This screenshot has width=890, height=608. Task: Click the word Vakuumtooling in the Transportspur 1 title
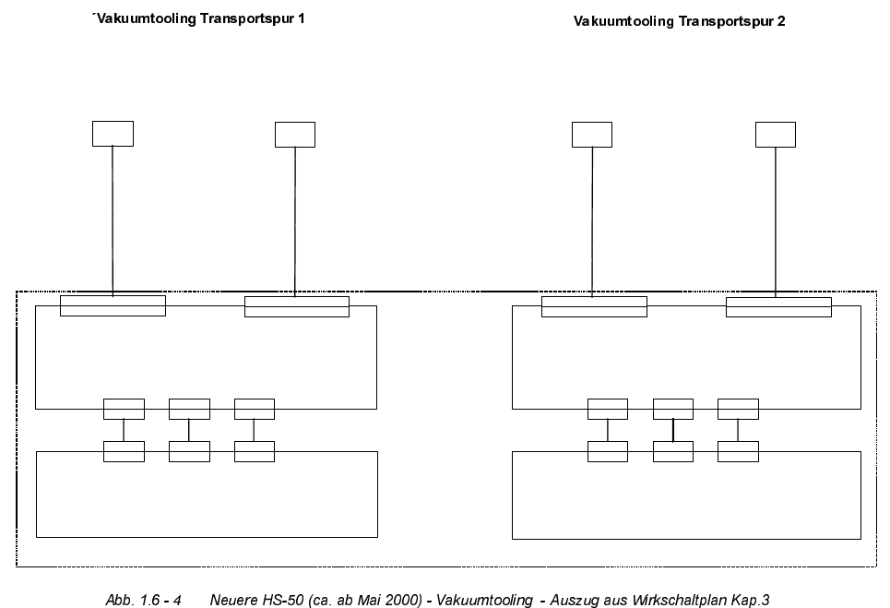(x=143, y=18)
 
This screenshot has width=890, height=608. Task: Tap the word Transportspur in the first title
(x=246, y=18)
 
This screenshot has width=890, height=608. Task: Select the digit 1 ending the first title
(x=302, y=18)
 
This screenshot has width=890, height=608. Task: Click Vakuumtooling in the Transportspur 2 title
(x=623, y=21)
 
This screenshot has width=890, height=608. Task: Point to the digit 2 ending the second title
(x=782, y=20)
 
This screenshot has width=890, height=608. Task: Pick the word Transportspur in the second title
(x=727, y=21)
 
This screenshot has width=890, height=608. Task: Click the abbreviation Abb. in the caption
(x=119, y=601)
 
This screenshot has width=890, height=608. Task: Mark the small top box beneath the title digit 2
(x=775, y=134)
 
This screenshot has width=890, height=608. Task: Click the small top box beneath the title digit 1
(x=295, y=134)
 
